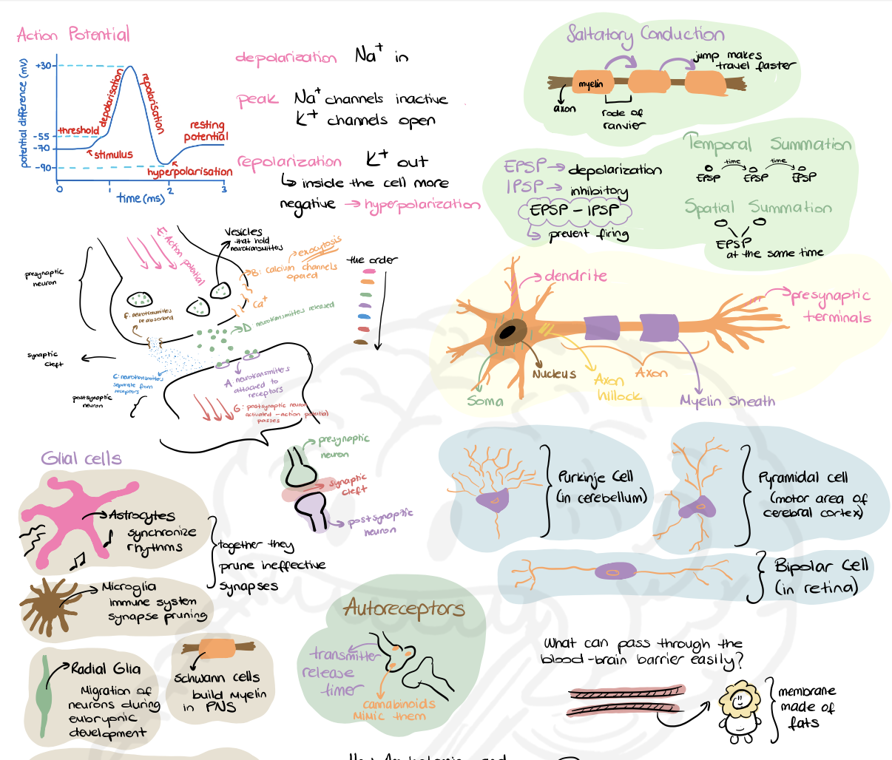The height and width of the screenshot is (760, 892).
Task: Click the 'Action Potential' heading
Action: coord(73,35)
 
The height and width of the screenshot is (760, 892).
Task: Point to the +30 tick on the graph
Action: coord(44,66)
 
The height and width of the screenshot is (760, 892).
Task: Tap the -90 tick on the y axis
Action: coord(44,168)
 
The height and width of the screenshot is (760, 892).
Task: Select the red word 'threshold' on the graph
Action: coord(78,130)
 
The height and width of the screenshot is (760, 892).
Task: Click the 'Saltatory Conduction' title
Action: coord(645,34)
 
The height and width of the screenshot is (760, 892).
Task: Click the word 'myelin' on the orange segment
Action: coord(590,84)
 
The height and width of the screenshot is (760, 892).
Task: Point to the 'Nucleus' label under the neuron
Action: coord(553,374)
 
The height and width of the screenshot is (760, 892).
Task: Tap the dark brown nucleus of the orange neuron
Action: coord(507,333)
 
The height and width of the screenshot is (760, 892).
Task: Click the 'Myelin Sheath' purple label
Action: coord(727,401)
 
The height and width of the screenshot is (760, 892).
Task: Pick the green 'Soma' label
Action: coord(485,401)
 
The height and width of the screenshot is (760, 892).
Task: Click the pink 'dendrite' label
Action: coord(575,276)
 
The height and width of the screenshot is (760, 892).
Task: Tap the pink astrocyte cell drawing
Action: coord(70,518)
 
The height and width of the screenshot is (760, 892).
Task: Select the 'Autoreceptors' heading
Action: coord(404,608)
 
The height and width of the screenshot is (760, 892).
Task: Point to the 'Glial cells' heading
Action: coord(81,458)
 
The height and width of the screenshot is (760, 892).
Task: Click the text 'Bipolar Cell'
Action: coord(821,566)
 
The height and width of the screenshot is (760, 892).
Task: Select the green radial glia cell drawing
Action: coord(45,695)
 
